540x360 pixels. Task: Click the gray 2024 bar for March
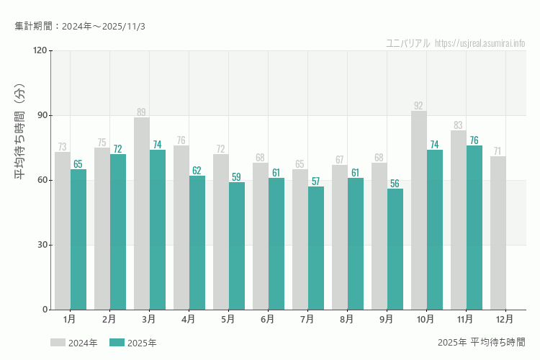click(142, 213)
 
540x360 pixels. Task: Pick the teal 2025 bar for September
click(395, 249)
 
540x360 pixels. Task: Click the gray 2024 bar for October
click(419, 210)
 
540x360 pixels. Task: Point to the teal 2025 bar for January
click(78, 239)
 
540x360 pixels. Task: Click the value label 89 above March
click(141, 112)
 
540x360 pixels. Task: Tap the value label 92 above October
click(418, 106)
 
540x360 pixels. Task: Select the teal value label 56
click(395, 184)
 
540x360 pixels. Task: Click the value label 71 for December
click(498, 151)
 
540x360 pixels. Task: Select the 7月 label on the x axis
click(307, 319)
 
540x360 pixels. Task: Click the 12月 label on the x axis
click(505, 319)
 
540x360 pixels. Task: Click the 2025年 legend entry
click(133, 343)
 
